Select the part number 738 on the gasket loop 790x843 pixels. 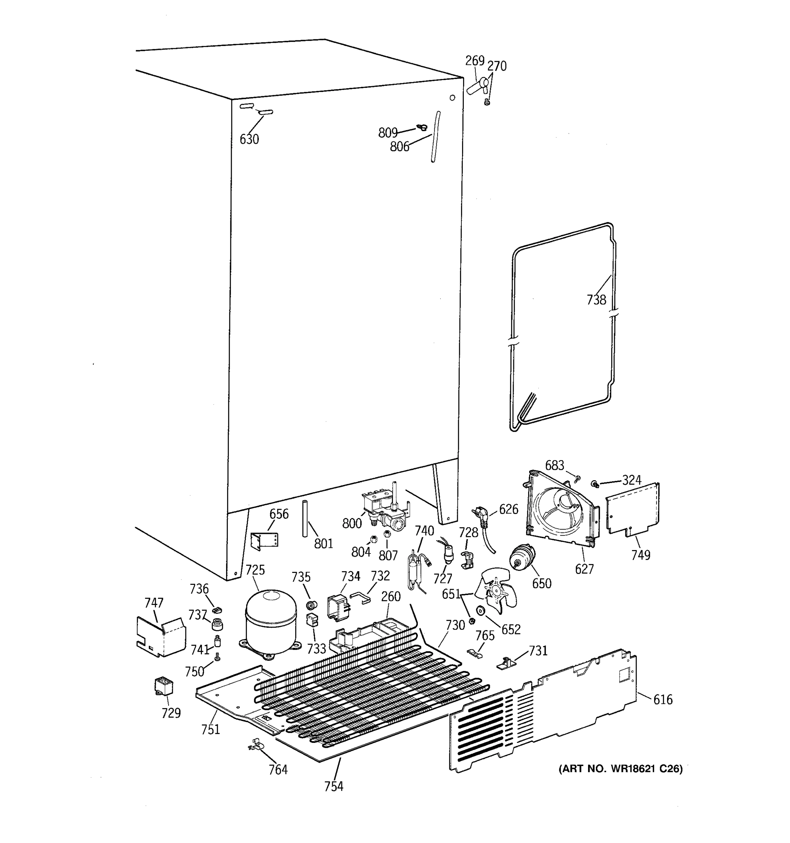pyautogui.click(x=596, y=300)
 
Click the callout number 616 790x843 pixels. pyautogui.click(x=663, y=699)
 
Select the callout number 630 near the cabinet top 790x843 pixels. pyautogui.click(x=249, y=139)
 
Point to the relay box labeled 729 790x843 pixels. pyautogui.click(x=163, y=686)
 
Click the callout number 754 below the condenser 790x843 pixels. pyautogui.click(x=334, y=786)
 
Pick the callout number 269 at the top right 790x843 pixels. pyautogui.click(x=474, y=61)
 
